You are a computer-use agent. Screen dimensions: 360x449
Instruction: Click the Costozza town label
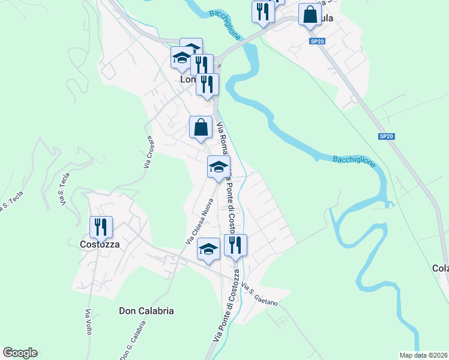100,244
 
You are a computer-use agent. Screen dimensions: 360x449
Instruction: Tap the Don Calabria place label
146,311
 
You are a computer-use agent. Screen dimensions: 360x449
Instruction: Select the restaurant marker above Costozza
100,227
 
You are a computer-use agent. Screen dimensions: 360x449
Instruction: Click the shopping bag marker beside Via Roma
200,128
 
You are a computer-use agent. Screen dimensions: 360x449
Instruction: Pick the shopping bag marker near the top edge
309,16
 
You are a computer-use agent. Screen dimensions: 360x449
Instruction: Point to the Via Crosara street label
149,150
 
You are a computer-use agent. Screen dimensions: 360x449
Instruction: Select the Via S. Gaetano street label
261,295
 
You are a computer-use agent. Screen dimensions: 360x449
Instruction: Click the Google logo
20,353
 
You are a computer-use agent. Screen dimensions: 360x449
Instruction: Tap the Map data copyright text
424,355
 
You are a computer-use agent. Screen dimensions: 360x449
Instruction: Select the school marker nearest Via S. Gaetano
208,250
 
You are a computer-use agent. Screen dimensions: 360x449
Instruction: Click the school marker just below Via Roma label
218,167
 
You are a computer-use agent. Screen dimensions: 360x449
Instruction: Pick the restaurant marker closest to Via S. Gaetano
235,245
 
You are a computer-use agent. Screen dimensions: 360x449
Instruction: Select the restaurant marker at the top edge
262,12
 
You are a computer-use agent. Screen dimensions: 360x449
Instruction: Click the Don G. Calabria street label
133,340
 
